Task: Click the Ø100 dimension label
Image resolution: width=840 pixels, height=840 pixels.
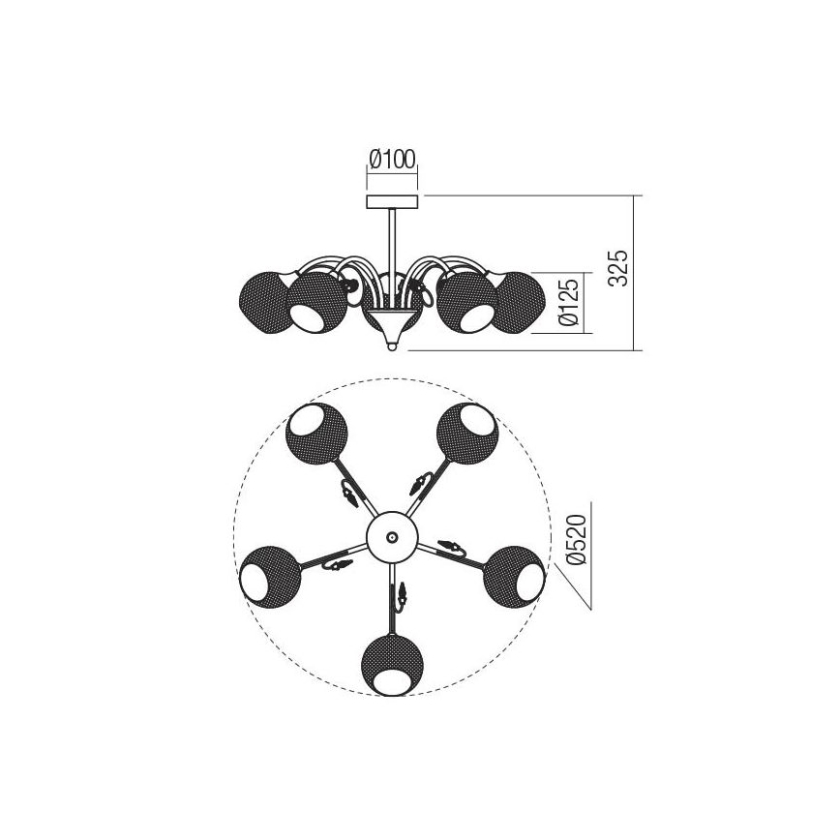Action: pyautogui.click(x=391, y=159)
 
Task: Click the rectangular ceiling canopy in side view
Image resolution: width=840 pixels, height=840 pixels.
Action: pyautogui.click(x=391, y=201)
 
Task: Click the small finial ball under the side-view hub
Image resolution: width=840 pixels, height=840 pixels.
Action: pyautogui.click(x=391, y=344)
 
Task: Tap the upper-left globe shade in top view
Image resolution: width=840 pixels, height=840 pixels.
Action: pyautogui.click(x=316, y=433)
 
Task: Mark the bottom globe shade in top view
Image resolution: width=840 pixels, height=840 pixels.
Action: pyautogui.click(x=391, y=664)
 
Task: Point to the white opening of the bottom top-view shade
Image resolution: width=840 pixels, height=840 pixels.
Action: pyautogui.click(x=391, y=682)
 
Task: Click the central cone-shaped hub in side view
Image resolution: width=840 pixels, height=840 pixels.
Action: pyautogui.click(x=391, y=315)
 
